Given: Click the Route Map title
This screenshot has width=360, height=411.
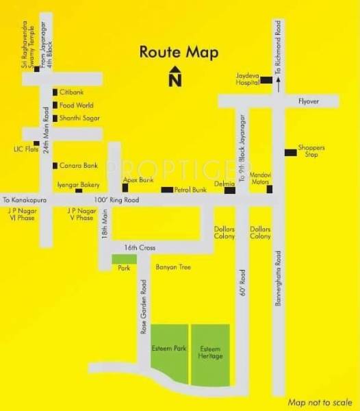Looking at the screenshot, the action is [175, 51].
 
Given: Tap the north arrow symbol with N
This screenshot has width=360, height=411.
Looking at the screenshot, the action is [175, 77].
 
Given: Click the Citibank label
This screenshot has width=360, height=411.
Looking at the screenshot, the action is [71, 91].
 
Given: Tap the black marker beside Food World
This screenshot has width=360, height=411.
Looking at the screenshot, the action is [55, 105].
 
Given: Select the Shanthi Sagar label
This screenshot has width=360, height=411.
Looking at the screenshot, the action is [76, 119].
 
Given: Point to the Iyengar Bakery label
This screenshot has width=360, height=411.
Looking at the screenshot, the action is [83, 185].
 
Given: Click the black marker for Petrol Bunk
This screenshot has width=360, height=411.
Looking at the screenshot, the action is [166, 189].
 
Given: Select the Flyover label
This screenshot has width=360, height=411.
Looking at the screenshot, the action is [309, 100].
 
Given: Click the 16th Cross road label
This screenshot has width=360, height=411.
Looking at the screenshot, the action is [136, 247].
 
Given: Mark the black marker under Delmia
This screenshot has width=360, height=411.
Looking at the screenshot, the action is [230, 190].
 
